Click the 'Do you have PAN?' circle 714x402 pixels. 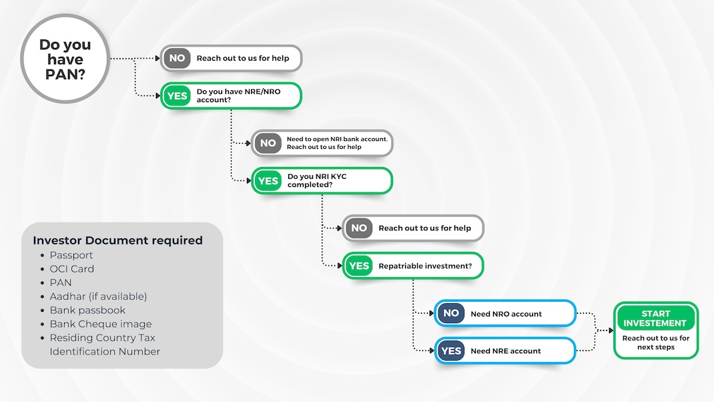pos(65,59)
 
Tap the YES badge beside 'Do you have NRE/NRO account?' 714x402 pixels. pos(177,95)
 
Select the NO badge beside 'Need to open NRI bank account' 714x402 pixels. pos(268,143)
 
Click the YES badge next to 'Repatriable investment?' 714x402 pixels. pos(359,266)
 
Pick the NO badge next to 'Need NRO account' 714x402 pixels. pos(451,313)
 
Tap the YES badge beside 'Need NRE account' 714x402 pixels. pos(451,351)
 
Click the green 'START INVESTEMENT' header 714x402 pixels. pos(656,318)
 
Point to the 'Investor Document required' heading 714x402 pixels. pos(118,240)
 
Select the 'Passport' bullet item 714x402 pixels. pos(71,255)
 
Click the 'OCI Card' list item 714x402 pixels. pos(71,269)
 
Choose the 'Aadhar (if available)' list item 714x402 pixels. pos(98,296)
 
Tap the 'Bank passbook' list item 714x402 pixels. pos(87,311)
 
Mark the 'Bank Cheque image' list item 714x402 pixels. pos(101,324)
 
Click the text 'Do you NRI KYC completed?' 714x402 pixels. pos(317,180)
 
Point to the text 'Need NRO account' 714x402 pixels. pos(506,314)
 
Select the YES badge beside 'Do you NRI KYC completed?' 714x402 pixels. pos(268,181)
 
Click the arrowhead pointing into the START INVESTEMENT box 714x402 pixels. pos(611,331)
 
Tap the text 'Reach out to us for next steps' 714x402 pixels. pos(656,343)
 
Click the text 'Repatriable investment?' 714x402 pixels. pos(425,266)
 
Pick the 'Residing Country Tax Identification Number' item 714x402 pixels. pos(105,345)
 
